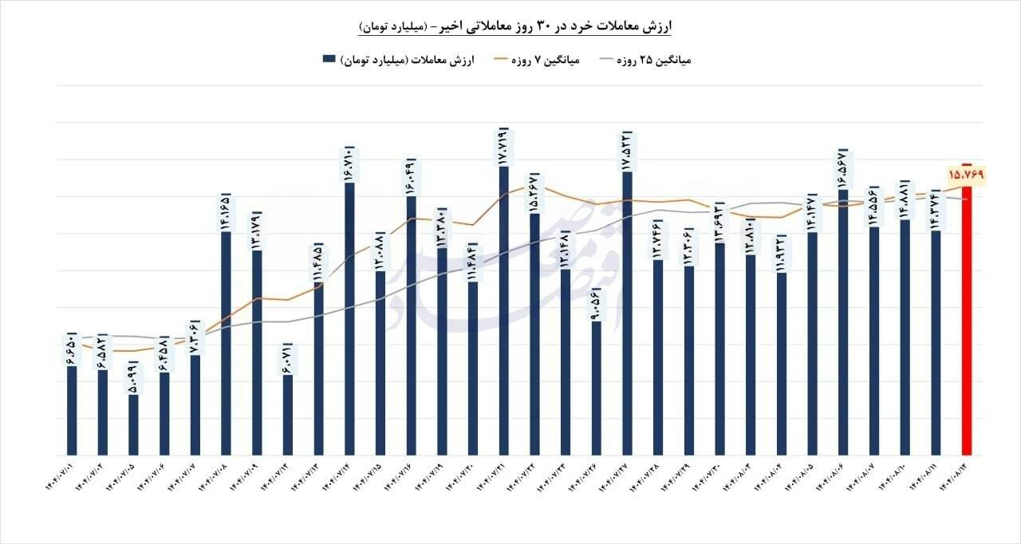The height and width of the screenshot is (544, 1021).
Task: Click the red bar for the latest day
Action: point(965,319)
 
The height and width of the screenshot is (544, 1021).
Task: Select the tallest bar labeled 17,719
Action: point(503,311)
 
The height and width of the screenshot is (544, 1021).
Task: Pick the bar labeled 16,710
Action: point(349,319)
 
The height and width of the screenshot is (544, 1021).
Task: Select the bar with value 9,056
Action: point(596,388)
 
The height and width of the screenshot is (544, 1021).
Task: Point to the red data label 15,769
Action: point(967,173)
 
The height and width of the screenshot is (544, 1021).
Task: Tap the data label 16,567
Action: point(843,168)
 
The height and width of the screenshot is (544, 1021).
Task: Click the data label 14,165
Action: point(226,212)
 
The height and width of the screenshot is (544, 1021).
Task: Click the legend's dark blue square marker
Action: point(328,60)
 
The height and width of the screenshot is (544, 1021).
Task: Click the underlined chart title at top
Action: point(514,27)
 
